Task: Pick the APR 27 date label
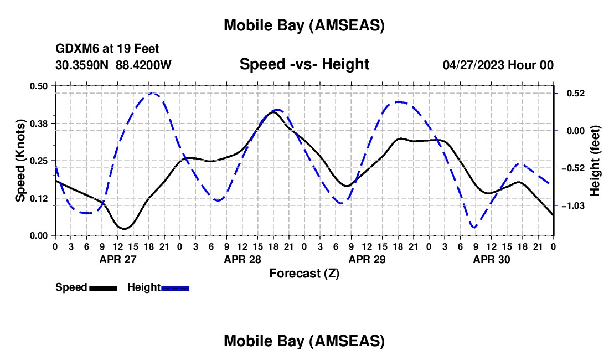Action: (117, 259)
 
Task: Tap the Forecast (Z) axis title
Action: (304, 273)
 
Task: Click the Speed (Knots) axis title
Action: (20, 161)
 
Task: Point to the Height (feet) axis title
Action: (595, 161)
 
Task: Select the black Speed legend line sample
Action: (103, 288)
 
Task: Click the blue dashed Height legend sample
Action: (176, 288)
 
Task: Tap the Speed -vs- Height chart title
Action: (304, 64)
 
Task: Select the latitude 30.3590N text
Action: (83, 65)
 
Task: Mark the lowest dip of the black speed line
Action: (124, 228)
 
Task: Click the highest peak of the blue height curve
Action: (152, 94)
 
